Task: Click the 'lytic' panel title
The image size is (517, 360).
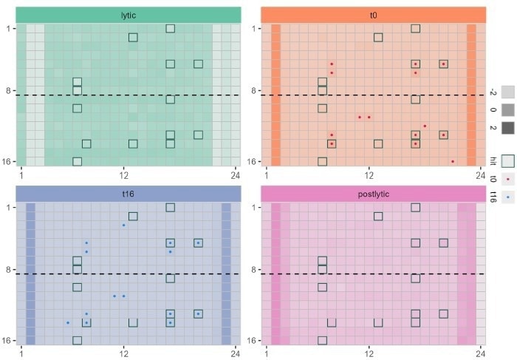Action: click(x=129, y=15)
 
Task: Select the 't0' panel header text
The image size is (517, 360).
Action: click(x=374, y=15)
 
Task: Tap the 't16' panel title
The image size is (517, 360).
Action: click(x=129, y=193)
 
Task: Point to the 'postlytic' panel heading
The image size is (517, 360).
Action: click(x=374, y=193)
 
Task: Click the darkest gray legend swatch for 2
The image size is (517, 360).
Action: click(x=508, y=128)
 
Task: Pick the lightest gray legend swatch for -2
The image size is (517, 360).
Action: click(x=508, y=92)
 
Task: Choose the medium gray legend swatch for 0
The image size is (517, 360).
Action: click(x=508, y=110)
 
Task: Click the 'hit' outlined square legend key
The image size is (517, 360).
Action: click(x=508, y=160)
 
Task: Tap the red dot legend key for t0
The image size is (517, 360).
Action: click(x=508, y=179)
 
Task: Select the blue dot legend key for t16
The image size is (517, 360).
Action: click(x=508, y=197)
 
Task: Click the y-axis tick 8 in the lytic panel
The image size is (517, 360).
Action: click(x=8, y=90)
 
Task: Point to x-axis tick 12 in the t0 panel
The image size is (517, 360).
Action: click(x=368, y=174)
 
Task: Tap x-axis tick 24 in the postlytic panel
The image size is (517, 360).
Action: click(x=480, y=353)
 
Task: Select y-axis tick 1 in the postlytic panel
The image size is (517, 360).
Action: click(x=254, y=207)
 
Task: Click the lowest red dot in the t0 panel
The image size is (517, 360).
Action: click(x=453, y=161)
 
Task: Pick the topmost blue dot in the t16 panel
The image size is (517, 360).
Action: click(x=123, y=225)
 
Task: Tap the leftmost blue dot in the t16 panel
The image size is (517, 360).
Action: click(x=68, y=322)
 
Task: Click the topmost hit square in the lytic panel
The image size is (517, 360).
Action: click(x=170, y=28)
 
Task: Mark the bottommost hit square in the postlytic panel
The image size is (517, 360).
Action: click(x=322, y=340)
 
